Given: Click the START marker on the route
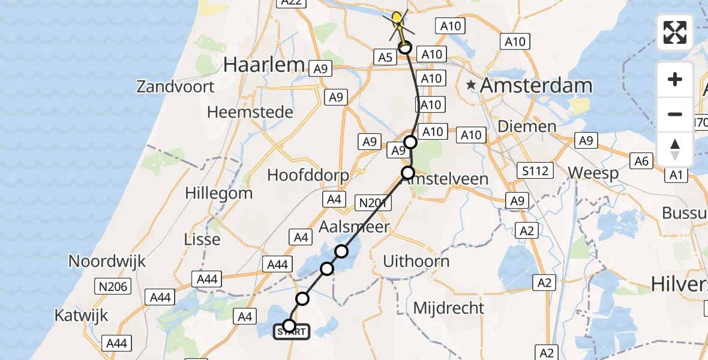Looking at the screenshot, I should coord(292,331).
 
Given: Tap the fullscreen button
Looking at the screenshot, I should coord(675,32).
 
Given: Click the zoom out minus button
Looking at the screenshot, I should coord(675,114).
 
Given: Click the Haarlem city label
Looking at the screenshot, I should coord(265,65).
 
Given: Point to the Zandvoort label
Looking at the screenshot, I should coord(175,86).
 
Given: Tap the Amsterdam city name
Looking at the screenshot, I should coord(536,85).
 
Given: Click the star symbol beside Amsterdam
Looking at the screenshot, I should coord(472,85).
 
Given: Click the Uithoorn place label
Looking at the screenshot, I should coord(416,262).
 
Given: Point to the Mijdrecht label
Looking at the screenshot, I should coord(448,308).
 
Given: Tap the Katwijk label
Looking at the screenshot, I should coord(81,314).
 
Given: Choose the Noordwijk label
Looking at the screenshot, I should coord(107,262).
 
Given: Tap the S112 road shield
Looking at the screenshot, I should coord(535,171).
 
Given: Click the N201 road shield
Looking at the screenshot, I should coord(373,203).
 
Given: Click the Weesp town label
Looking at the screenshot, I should coord(593,173).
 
